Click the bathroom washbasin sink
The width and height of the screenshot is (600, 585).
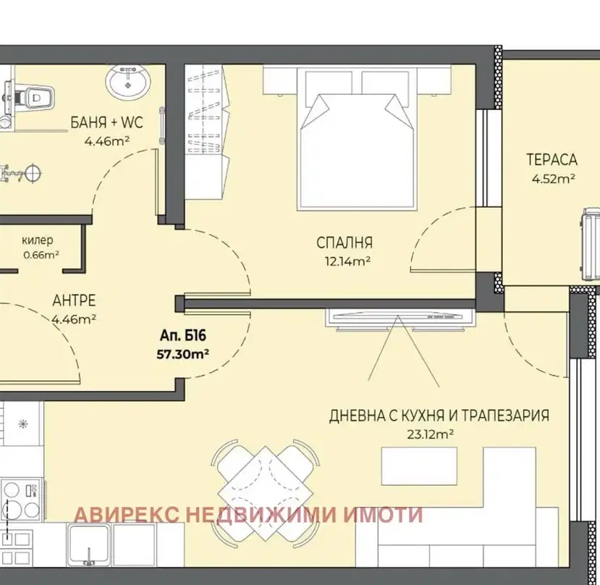point(128,81)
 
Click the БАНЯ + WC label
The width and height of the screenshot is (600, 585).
point(107,122)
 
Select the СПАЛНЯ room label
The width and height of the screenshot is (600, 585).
point(345,243)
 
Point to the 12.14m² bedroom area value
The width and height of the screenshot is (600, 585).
point(347,261)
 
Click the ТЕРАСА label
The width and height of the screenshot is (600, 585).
point(552,160)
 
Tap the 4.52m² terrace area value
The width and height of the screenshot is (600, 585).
point(553,178)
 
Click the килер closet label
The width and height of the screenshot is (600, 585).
point(38,240)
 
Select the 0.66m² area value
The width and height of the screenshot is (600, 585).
point(41,255)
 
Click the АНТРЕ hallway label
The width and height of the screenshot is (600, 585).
point(74,300)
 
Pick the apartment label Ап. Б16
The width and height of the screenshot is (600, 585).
point(183,336)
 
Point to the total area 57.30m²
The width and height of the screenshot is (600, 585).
point(182,354)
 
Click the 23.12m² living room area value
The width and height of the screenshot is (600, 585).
point(430,434)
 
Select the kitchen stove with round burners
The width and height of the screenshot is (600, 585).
point(22,500)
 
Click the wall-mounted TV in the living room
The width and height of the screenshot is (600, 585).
point(400,318)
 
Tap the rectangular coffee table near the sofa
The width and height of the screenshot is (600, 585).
point(419,466)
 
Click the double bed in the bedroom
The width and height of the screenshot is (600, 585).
point(357,140)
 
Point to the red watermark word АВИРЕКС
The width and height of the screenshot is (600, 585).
point(127,515)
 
